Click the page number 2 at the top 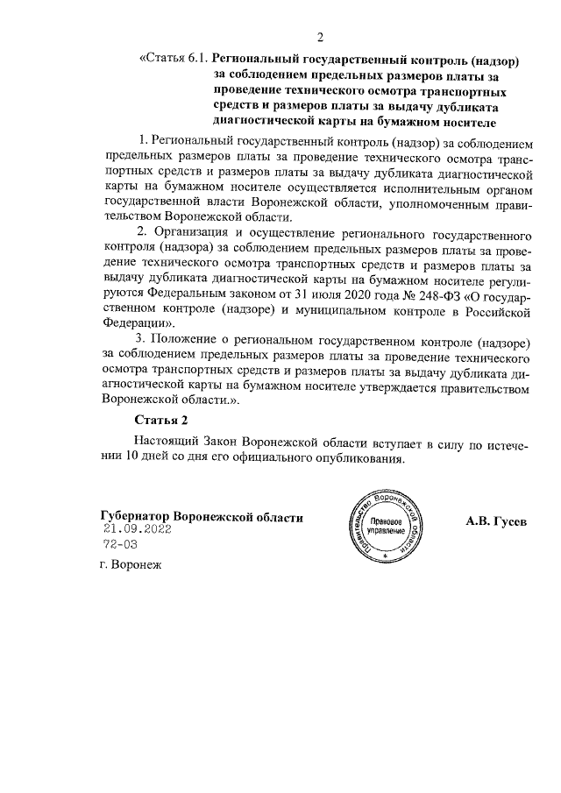click(x=320, y=37)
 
